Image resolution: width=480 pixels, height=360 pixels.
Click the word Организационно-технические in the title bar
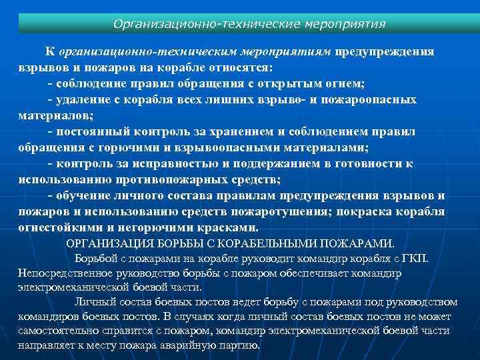[x=189, y=24]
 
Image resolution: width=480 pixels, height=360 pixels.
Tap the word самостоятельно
[x=61, y=331]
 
